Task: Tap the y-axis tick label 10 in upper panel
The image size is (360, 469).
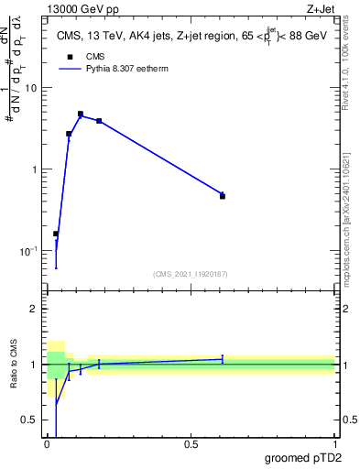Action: tap(31, 89)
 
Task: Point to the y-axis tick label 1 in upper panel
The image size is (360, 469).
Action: tap(34, 170)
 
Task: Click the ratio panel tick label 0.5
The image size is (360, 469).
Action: tap(30, 420)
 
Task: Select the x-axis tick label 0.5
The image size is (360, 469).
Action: tap(191, 445)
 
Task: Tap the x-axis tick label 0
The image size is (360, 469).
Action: tap(47, 445)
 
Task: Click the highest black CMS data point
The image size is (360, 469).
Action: tap(81, 115)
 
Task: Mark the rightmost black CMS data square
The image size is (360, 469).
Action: tap(223, 196)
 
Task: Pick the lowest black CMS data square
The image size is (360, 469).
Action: tap(56, 234)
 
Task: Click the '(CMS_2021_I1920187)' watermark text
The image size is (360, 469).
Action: tap(191, 274)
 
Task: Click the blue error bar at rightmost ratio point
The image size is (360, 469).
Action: tap(223, 358)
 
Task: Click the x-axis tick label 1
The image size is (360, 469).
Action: tap(334, 445)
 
